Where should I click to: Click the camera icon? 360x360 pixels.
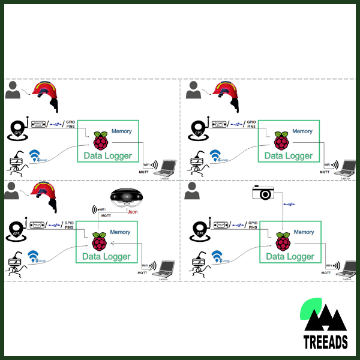[263, 192]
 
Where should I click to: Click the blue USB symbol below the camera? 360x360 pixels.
[290, 205]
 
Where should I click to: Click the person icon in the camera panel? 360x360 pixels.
[193, 193]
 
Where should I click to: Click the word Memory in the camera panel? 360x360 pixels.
[304, 232]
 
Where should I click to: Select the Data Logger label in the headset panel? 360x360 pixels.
[106, 257]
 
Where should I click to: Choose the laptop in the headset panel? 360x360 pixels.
[163, 267]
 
